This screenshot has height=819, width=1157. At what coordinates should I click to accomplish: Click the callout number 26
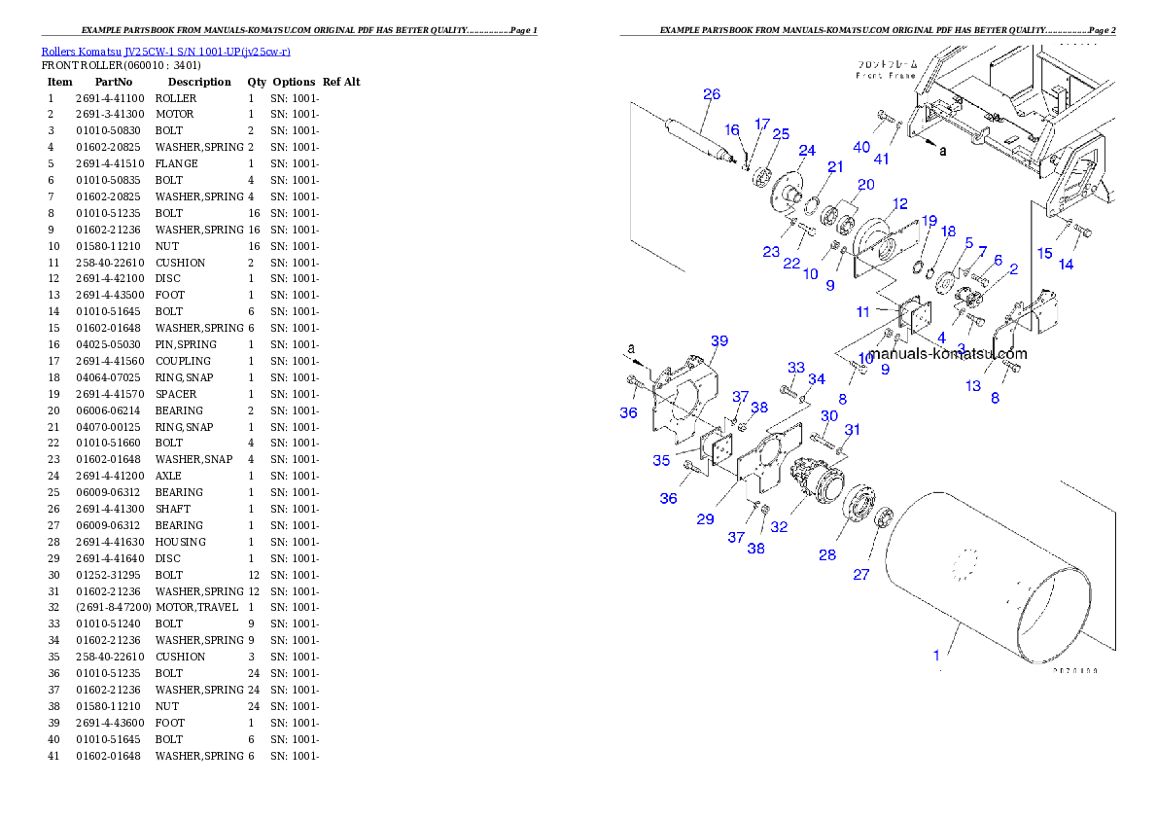click(712, 94)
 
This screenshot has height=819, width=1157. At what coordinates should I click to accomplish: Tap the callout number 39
click(719, 341)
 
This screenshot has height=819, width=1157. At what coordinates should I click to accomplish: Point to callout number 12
click(899, 204)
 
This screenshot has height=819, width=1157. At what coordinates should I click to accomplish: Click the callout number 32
click(779, 528)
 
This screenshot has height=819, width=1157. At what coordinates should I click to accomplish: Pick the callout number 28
click(826, 555)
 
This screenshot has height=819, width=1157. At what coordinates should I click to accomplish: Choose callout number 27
click(861, 575)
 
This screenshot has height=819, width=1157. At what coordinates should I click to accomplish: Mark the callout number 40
click(861, 147)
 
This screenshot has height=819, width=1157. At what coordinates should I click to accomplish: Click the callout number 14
click(1067, 265)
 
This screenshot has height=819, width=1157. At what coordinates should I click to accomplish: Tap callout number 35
click(661, 461)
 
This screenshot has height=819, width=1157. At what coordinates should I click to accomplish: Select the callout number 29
click(705, 519)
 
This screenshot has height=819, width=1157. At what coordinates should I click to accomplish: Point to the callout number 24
click(807, 151)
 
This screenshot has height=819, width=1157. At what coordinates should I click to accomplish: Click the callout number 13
click(973, 386)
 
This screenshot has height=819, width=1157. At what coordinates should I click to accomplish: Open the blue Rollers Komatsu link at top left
click(165, 52)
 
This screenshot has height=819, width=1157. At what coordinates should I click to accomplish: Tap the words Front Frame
click(885, 75)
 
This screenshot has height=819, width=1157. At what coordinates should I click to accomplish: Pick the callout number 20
click(865, 185)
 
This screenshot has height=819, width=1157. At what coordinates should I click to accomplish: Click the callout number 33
click(796, 368)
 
